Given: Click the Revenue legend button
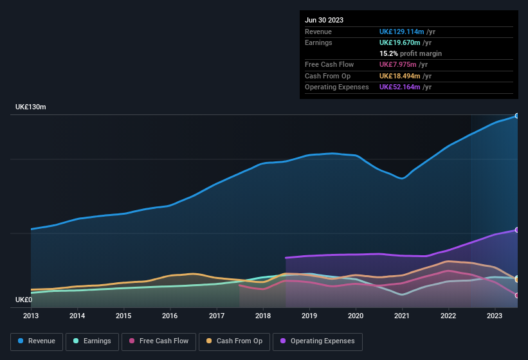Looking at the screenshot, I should point(37,341).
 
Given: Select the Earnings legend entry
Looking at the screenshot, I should point(92,341).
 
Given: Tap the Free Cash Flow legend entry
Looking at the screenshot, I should point(159,341).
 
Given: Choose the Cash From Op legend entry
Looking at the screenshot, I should point(233,341).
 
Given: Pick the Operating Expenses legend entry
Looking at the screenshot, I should point(318,341).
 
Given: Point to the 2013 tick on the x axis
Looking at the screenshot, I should point(31,316).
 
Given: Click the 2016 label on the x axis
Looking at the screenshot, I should point(170,316).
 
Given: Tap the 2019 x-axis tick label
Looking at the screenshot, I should point(309,316).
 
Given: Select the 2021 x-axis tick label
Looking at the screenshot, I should point(402,316).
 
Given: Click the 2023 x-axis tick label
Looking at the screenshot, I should point(495,316).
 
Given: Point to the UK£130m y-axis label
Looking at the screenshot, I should point(31,107).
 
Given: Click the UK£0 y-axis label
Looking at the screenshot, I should point(24,300).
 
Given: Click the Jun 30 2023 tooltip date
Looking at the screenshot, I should point(324,20).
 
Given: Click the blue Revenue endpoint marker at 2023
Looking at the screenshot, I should point(517,116).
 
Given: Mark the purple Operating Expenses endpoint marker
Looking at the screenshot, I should point(517,230).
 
